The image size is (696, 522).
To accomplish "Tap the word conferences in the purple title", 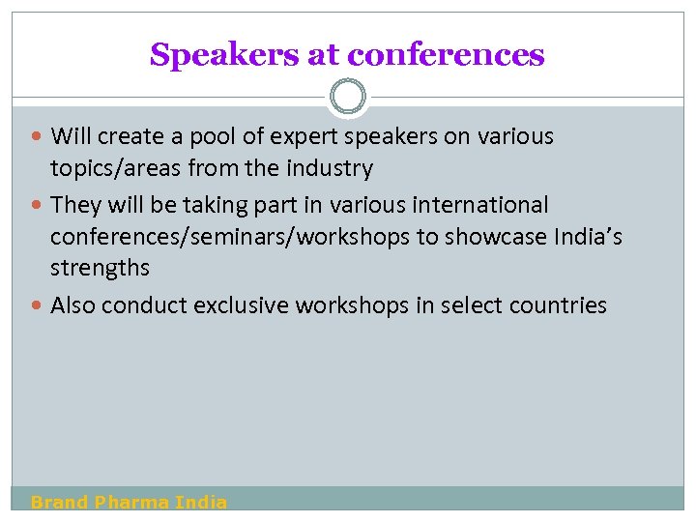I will [x=446, y=55].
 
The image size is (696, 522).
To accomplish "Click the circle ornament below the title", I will [x=348, y=97].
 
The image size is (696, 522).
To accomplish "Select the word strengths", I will [x=100, y=268].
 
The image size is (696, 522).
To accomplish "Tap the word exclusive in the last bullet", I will [x=241, y=305].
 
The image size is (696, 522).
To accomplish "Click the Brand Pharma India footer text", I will [x=130, y=502].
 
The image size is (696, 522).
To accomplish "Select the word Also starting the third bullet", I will [x=73, y=305].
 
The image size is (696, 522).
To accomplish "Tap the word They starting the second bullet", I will [x=74, y=205].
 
